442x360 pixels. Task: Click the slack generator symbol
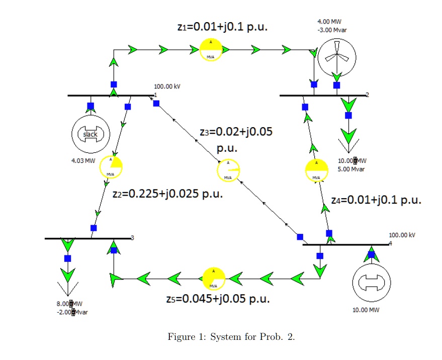[x=91, y=134]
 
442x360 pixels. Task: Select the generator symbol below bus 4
[x=371, y=282]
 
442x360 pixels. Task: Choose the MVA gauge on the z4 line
[x=317, y=170]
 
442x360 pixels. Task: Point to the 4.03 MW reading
[x=83, y=161]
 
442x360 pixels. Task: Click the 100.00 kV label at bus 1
[x=167, y=86]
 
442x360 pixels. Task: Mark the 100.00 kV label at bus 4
[x=402, y=235]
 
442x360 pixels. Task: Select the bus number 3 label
[x=133, y=238]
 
